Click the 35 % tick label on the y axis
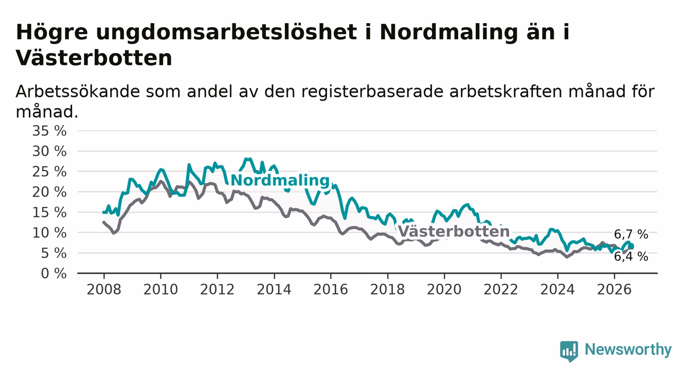click(x=49, y=131)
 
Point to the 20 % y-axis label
click(x=49, y=192)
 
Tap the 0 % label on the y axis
click(x=53, y=273)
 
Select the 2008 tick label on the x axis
click(x=104, y=289)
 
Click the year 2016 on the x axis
click(x=331, y=289)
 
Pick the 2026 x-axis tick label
click(x=614, y=289)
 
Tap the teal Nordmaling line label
click(x=280, y=180)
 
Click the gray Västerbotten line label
click(x=454, y=231)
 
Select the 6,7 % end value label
click(x=631, y=234)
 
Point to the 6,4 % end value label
click(x=631, y=256)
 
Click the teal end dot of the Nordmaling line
click(x=631, y=246)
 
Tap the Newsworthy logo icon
click(x=569, y=351)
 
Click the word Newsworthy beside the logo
click(x=628, y=350)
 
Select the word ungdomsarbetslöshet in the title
click(x=226, y=32)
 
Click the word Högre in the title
click(x=52, y=32)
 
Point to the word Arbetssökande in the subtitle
click(x=78, y=92)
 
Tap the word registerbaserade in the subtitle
click(x=372, y=92)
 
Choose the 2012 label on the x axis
click(x=217, y=289)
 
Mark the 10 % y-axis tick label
click(x=49, y=233)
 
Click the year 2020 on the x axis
click(x=444, y=289)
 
